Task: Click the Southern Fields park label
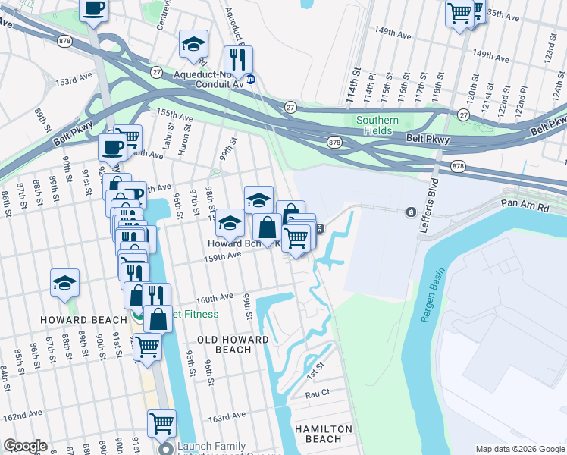click(377, 125)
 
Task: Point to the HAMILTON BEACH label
click(324, 435)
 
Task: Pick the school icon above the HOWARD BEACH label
click(65, 283)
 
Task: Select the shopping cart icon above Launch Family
click(161, 423)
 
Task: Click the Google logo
click(24, 446)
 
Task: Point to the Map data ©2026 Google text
click(520, 449)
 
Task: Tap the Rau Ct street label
click(317, 394)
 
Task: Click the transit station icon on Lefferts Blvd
click(411, 212)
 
